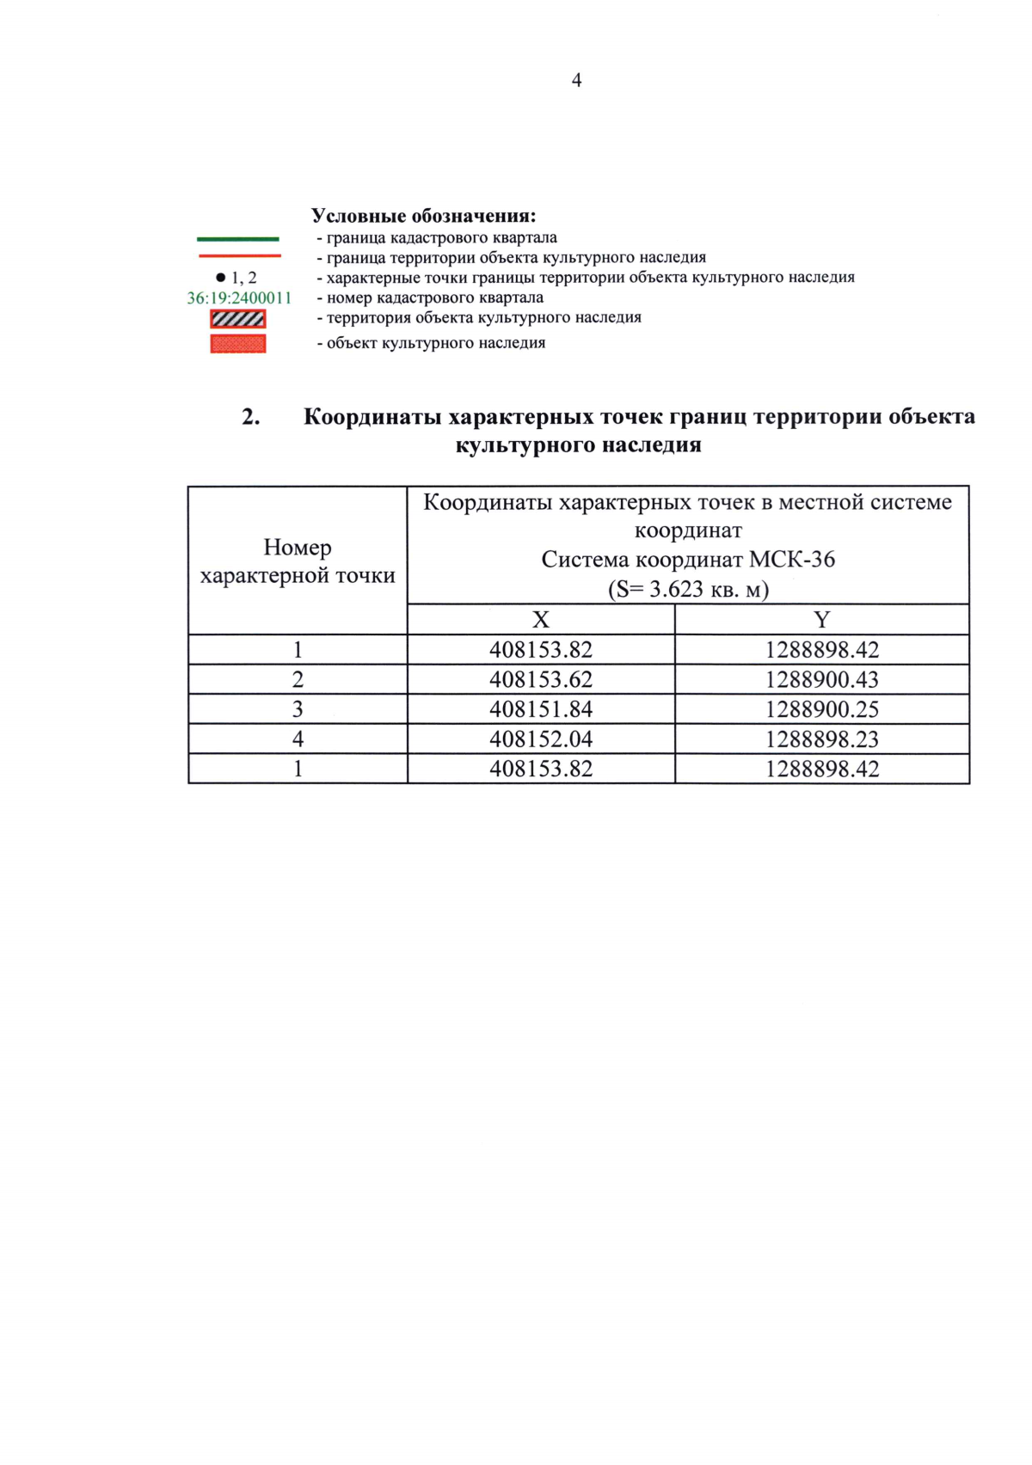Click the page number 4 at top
[576, 80]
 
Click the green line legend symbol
[238, 238]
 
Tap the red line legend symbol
[239, 256]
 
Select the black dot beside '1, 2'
[220, 278]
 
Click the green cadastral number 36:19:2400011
[239, 298]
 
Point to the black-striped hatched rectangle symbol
[238, 319]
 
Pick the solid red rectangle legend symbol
[238, 343]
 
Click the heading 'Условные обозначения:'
[423, 215]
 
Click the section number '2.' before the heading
[251, 417]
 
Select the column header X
[540, 619]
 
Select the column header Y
[821, 619]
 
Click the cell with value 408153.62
[541, 679]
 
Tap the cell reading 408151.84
[541, 709]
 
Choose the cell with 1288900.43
[822, 679]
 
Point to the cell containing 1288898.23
[822, 739]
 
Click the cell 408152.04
[541, 739]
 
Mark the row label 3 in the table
[298, 709]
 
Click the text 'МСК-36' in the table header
[792, 560]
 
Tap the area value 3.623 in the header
[676, 590]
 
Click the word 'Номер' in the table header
[298, 547]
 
